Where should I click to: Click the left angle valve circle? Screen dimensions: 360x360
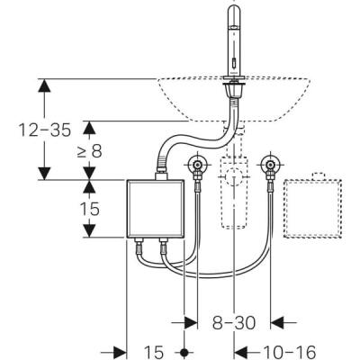tap(198, 166)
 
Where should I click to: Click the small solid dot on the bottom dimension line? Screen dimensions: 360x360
tap(184, 350)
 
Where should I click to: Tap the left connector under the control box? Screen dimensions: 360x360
tap(141, 246)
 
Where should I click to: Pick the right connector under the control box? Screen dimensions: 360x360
tap(165, 246)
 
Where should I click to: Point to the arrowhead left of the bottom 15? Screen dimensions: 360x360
tap(118, 350)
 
